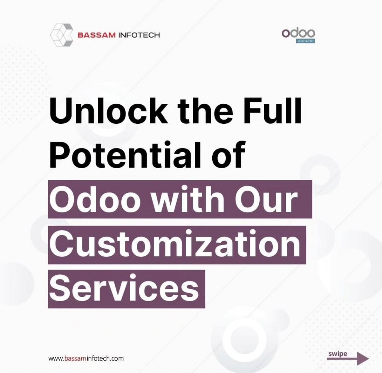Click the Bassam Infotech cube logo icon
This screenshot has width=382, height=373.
tap(62, 35)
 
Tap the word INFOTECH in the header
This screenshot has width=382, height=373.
tap(138, 36)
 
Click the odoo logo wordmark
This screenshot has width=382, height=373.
tap(298, 33)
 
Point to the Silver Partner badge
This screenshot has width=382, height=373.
tap(306, 41)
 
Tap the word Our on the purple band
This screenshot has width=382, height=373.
tap(267, 200)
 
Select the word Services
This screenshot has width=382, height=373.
tap(124, 289)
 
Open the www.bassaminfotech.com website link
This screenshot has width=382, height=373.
tap(86, 358)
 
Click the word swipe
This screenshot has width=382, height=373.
tap(338, 354)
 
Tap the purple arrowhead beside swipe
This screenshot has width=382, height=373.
tap(362, 358)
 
